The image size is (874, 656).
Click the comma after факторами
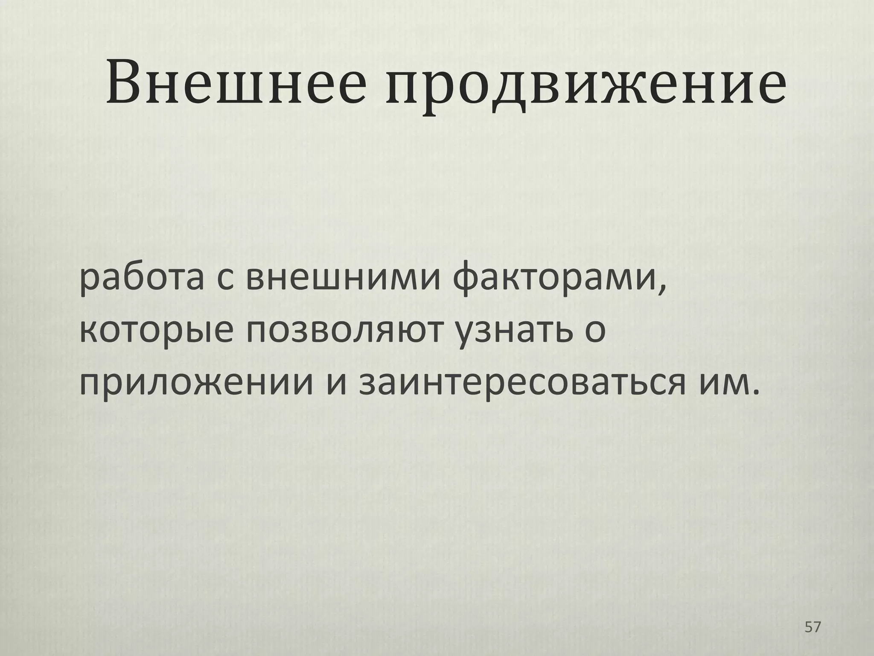click(x=661, y=290)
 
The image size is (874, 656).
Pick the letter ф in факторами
click(x=467, y=280)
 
